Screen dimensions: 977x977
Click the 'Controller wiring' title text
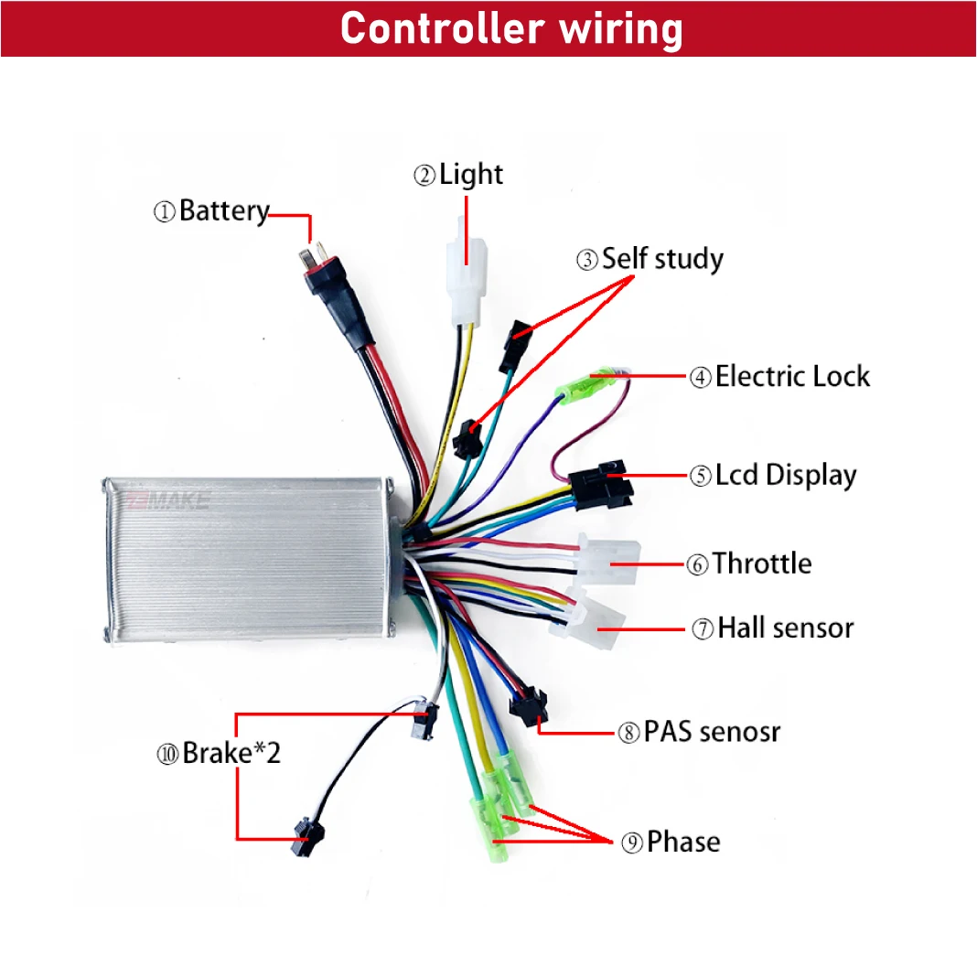pos(511,29)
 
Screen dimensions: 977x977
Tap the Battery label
pos(223,211)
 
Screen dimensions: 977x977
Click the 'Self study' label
pos(661,259)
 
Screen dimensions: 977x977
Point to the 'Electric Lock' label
pos(791,376)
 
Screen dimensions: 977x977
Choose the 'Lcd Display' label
pos(785,476)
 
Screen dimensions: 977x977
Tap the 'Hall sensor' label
pos(785,628)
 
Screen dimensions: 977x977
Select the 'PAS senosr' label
pos(712,732)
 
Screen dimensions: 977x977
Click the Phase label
pos(682,842)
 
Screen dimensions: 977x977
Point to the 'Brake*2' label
pos(231,754)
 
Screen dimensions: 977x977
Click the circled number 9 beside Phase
pos(632,843)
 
